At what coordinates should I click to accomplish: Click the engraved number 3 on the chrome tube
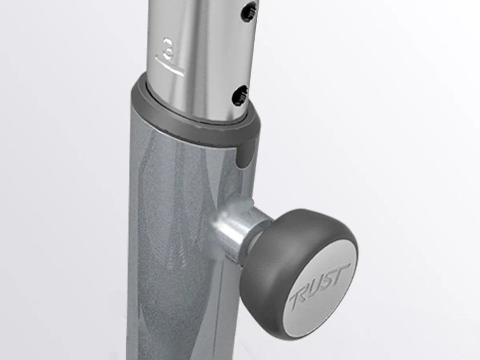[x=168, y=49]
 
